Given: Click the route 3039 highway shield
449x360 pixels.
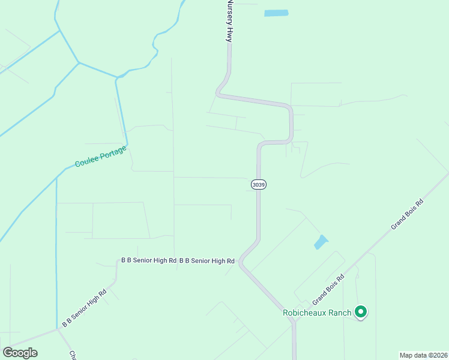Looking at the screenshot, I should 258,185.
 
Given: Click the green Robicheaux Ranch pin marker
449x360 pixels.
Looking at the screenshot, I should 361,311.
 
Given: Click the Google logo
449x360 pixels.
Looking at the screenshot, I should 20,352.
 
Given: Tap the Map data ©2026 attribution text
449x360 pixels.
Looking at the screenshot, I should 423,355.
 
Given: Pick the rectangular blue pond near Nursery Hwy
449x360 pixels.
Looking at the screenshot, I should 276,13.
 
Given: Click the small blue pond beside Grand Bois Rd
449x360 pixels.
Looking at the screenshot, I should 321,242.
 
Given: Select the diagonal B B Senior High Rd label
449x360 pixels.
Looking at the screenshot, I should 84,307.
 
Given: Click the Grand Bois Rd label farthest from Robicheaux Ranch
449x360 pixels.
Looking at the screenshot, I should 408,215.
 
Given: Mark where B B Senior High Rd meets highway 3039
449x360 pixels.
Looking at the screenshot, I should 240,262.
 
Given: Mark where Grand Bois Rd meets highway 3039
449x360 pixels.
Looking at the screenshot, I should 294,322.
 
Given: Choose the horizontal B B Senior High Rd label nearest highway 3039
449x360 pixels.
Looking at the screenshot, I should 206,261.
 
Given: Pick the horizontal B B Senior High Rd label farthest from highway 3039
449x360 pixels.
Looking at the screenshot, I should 148,261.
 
